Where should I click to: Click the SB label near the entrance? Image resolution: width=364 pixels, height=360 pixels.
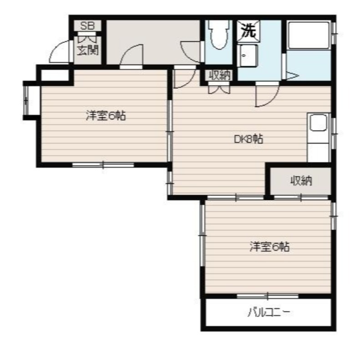coord(87,26)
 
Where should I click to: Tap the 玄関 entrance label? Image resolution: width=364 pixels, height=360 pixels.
coord(88,50)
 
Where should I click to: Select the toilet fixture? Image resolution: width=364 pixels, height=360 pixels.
coord(218,35)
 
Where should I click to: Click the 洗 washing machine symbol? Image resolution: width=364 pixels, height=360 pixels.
coord(248,31)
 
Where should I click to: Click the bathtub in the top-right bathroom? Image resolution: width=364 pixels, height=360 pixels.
coord(309,35)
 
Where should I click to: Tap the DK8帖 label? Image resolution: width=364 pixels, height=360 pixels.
coord(248,139)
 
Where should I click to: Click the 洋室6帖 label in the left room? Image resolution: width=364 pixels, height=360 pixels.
coord(106,116)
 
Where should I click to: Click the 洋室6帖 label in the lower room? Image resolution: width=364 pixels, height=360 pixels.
coord(269,247)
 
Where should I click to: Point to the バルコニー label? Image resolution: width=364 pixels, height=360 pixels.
coord(268,313)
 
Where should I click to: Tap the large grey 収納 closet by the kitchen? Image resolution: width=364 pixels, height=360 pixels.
coord(301,181)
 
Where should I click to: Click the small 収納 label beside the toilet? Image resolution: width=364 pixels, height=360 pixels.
coord(220,75)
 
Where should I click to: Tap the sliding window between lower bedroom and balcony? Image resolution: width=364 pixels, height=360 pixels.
coord(268,296)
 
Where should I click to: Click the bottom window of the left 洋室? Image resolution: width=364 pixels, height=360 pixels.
coord(103,165)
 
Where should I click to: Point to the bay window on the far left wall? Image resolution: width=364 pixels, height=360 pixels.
coord(26,100)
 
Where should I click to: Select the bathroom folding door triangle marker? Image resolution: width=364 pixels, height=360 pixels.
coord(292,76)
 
